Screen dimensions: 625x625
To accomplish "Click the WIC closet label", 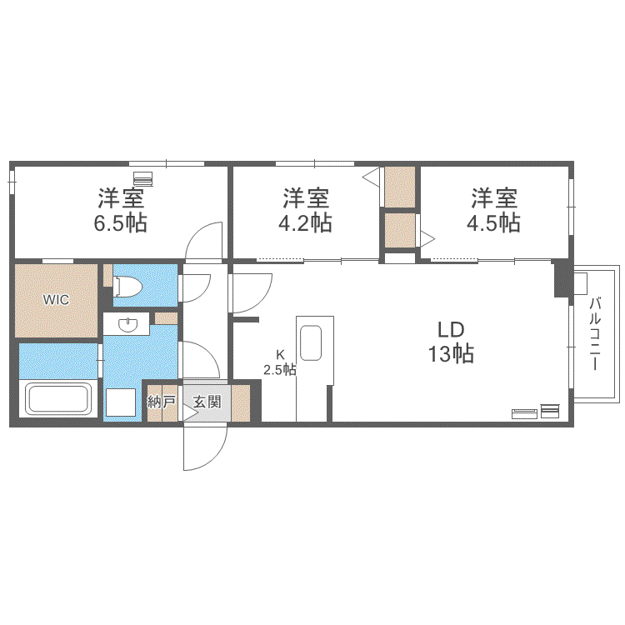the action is (56, 299).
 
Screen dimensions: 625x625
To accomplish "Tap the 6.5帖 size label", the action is (120, 222).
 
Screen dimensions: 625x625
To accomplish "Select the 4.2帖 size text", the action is (305, 222).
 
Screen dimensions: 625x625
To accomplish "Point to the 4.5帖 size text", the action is (493, 222).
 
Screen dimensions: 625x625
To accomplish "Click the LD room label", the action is (451, 330).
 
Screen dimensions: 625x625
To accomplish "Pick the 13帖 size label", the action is (451, 353).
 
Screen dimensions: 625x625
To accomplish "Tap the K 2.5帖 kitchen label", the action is (280, 362).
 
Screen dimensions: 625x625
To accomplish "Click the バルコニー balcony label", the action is (595, 334).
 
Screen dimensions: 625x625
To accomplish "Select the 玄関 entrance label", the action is (207, 402).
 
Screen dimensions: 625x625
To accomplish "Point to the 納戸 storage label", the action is (162, 402).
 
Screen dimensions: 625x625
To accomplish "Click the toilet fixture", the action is (127, 286).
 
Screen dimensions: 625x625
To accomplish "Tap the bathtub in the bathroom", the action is (58, 398).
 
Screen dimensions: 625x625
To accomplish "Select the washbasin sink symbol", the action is (127, 324).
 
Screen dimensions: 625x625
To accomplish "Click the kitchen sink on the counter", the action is (311, 343).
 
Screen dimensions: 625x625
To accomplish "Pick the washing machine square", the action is (121, 402).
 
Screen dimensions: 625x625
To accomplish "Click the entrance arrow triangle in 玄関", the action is (190, 412).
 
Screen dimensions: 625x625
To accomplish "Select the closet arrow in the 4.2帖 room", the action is (371, 177).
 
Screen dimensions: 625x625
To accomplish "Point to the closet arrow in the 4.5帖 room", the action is (427, 239).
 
